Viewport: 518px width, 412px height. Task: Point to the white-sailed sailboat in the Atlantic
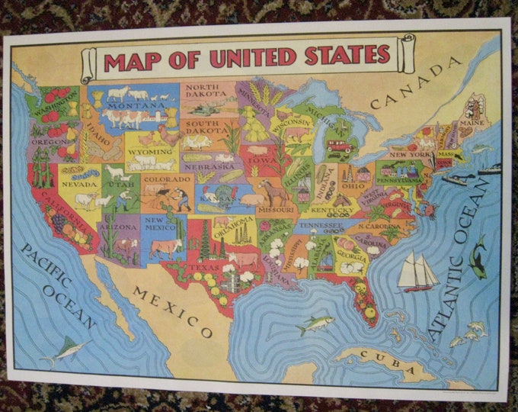coord(416,272)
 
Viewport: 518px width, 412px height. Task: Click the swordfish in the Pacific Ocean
coord(62,350)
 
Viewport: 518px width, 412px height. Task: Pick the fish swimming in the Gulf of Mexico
coord(315,323)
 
